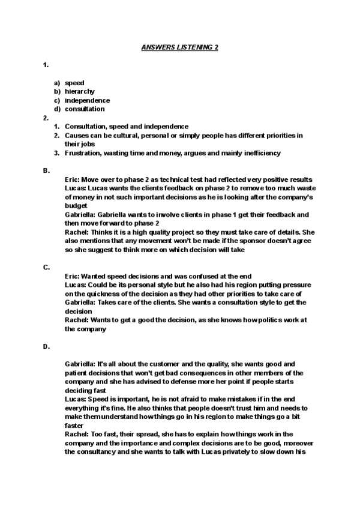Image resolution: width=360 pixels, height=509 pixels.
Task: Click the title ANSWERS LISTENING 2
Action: click(x=179, y=47)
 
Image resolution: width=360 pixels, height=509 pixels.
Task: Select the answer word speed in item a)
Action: click(x=74, y=83)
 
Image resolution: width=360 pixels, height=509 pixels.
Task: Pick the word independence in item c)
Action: click(x=88, y=100)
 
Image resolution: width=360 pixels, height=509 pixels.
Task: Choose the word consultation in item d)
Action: click(x=85, y=109)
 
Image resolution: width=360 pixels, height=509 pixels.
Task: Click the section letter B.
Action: click(x=46, y=171)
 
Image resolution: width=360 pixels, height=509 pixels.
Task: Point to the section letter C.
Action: click(x=46, y=267)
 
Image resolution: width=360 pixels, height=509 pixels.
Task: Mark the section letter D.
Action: click(x=46, y=346)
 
